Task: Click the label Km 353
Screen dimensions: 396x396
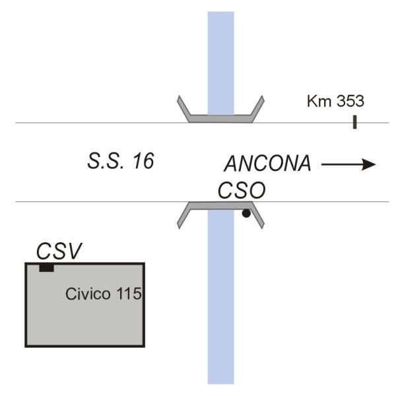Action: pyautogui.click(x=336, y=102)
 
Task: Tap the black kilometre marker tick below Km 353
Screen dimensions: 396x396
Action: pyautogui.click(x=355, y=121)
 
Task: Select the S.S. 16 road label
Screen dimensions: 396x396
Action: pyautogui.click(x=121, y=161)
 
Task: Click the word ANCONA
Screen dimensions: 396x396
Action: pyautogui.click(x=267, y=164)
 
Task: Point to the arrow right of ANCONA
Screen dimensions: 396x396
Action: pyautogui.click(x=348, y=164)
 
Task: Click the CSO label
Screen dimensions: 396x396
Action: pyautogui.click(x=242, y=191)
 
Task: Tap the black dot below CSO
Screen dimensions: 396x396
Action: pyautogui.click(x=246, y=213)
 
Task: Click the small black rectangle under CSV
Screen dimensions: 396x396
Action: pyautogui.click(x=46, y=267)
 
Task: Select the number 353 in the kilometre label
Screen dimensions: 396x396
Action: pyautogui.click(x=349, y=102)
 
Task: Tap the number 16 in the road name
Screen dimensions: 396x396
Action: pyautogui.click(x=141, y=161)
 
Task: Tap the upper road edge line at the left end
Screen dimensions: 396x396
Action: pyautogui.click(x=26, y=123)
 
